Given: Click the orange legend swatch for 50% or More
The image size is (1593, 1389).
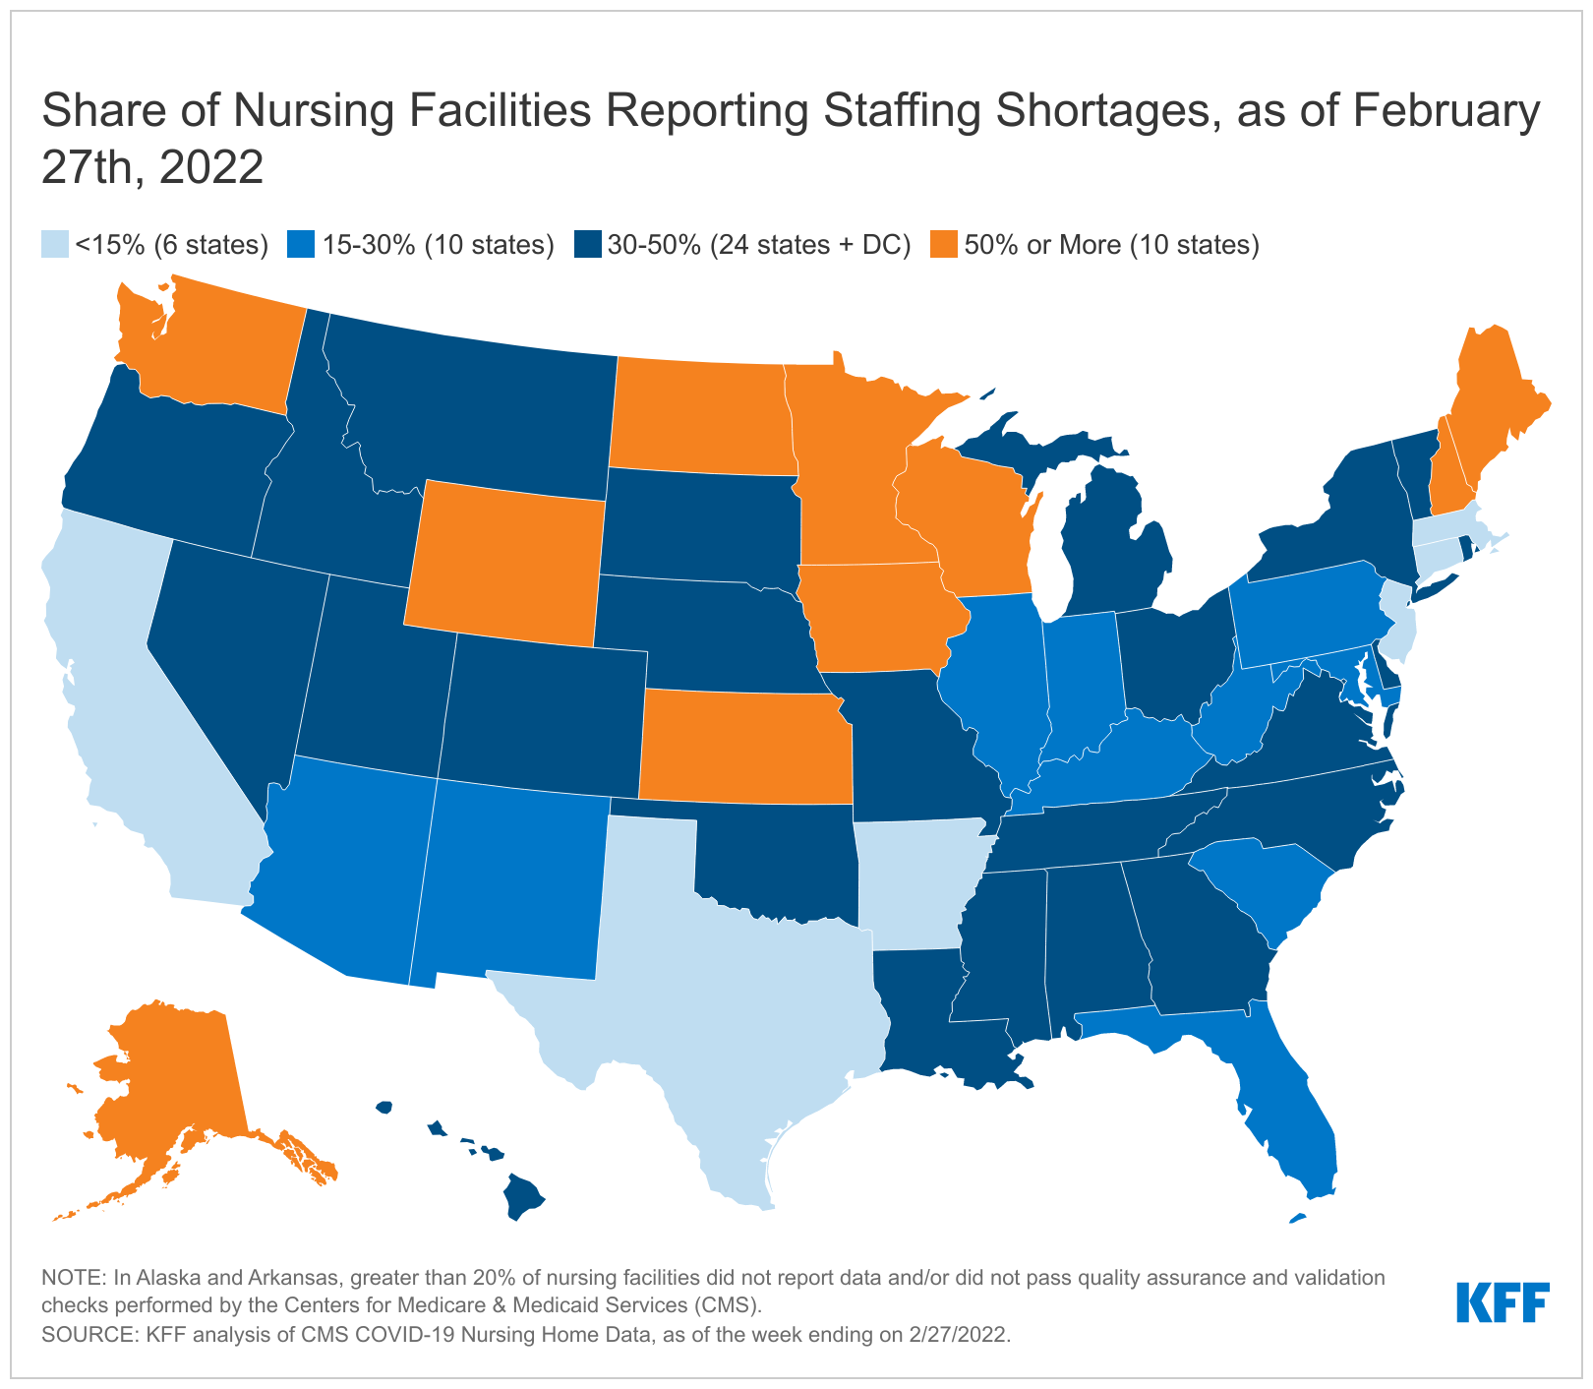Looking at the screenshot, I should tap(945, 245).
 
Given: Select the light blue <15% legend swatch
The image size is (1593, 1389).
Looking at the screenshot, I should tap(55, 245).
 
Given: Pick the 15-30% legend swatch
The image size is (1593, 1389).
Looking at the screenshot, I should tap(302, 245).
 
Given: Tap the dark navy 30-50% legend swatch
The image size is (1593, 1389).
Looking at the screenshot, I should tap(588, 245).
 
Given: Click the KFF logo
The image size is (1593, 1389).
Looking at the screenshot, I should tap(1503, 1302).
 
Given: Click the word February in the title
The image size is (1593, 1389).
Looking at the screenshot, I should tap(1439, 111).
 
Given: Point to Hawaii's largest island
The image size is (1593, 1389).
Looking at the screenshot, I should tap(522, 1196).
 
